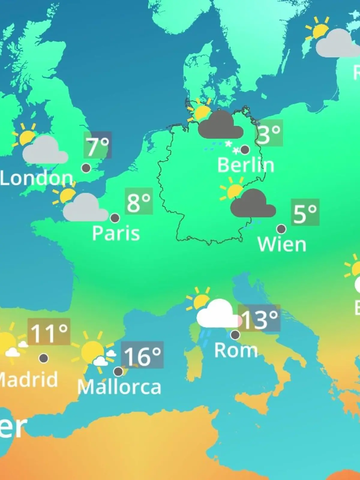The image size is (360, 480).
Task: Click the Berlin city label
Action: pos(246,165)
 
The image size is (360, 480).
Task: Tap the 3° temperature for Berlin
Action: pos(269,133)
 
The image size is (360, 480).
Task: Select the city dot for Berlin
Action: pos(245,149)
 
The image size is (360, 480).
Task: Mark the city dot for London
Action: pos(86,168)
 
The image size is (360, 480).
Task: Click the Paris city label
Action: pos(116,233)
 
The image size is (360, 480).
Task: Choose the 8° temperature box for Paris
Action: pos(139,201)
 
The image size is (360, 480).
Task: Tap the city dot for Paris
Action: pos(115,218)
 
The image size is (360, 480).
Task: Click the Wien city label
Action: pos(282,244)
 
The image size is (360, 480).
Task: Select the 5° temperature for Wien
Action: pos(305,212)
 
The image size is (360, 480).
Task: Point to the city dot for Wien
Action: pos(281,229)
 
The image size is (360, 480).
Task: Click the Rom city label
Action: pos(236,350)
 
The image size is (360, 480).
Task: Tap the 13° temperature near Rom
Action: pos(259,318)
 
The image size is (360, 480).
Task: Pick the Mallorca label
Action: pos(119,387)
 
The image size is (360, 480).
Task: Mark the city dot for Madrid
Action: pos(44,358)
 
